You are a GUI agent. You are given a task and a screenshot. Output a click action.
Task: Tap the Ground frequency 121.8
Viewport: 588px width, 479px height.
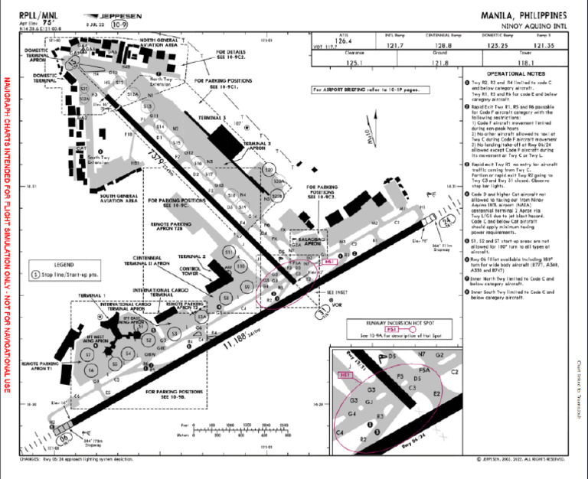coord(439,62)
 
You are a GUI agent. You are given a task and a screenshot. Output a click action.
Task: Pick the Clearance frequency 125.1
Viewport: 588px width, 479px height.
coord(354,62)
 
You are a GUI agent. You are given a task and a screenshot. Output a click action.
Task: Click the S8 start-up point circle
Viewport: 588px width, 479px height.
coord(226,297)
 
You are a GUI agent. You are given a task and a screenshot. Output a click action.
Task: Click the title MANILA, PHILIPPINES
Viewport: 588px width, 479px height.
coord(524,15)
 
